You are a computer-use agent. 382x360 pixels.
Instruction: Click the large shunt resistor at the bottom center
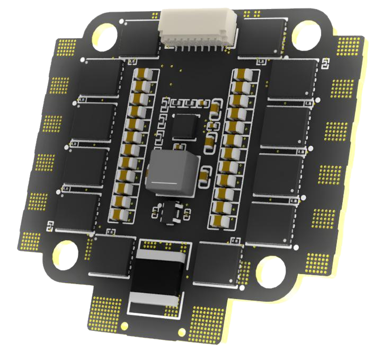pyautogui.click(x=159, y=278)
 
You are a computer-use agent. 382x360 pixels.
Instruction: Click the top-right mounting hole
pyautogui.click(x=306, y=33)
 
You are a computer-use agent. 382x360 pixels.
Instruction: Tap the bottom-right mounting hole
pyautogui.click(x=271, y=271)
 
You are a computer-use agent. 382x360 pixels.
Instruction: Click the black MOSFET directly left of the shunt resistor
pyautogui.click(x=113, y=256)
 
